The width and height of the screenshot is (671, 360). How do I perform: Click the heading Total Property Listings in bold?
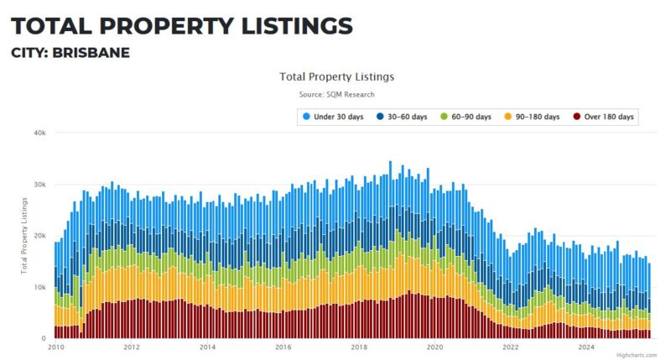(181, 26)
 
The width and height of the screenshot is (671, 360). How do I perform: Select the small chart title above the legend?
(336, 76)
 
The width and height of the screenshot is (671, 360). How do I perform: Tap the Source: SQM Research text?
(336, 95)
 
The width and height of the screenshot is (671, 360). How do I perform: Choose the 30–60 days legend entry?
(405, 117)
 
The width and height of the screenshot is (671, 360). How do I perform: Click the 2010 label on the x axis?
(56, 347)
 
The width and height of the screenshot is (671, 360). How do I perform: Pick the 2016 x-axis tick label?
(283, 347)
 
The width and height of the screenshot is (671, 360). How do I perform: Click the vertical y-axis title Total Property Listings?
(24, 236)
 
